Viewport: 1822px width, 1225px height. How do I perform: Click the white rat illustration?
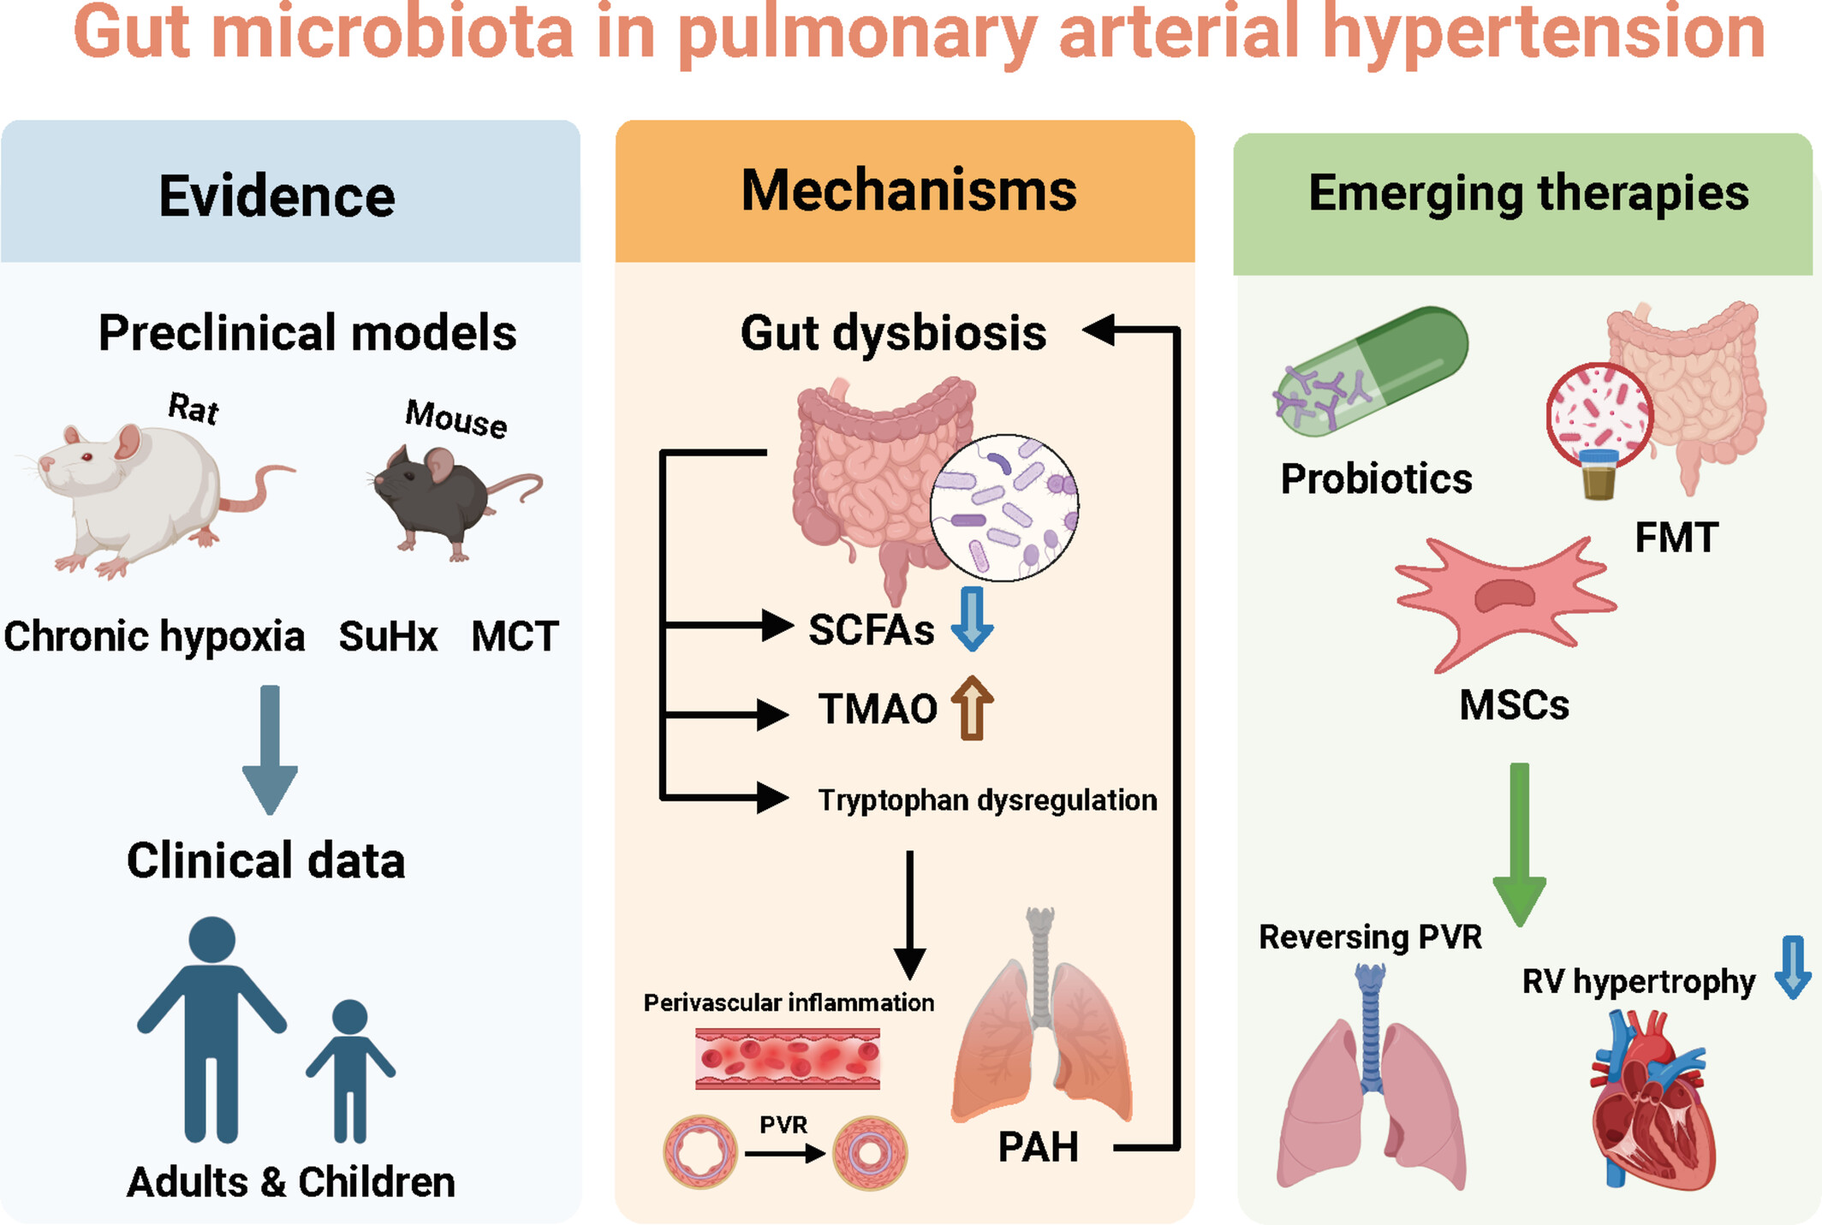146,497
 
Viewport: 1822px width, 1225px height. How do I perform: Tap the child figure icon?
350,1070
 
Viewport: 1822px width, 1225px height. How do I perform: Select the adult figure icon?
211,1027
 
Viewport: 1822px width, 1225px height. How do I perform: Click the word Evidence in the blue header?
277,196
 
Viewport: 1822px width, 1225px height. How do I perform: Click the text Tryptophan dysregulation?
987,800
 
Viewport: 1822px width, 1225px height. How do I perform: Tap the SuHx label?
388,637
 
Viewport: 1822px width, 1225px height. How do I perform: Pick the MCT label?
515,637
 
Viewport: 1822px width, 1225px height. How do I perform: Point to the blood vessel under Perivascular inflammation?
787,1059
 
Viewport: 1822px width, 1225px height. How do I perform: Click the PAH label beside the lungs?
1038,1147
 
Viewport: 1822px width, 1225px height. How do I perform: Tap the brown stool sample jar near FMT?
1598,476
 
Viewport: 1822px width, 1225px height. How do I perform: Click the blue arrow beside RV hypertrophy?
1792,967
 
